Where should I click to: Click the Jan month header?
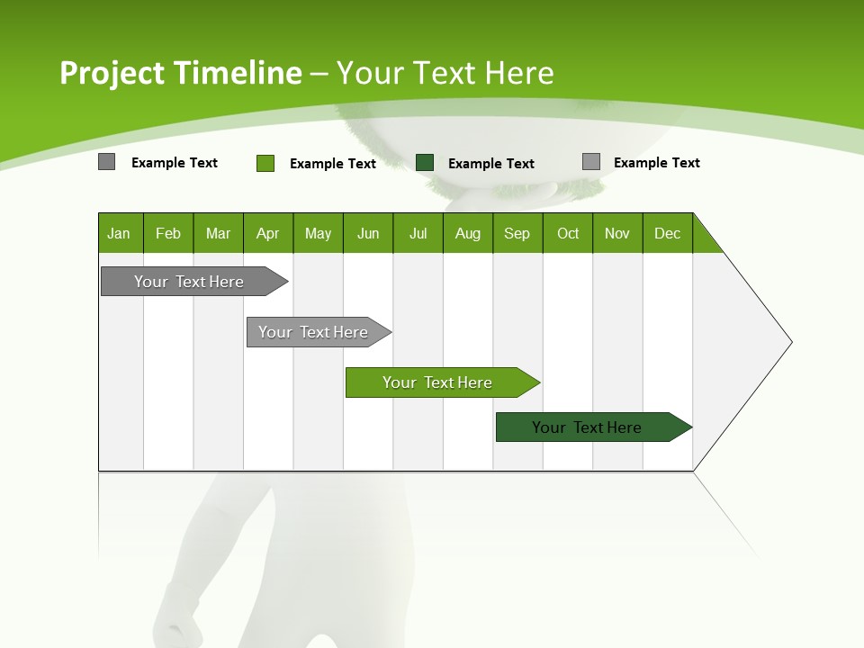120,233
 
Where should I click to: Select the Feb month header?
168,233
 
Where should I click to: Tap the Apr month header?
267,233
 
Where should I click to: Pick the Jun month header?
368,233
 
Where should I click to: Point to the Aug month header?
468,233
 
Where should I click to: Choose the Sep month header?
517,233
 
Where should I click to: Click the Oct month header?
568,233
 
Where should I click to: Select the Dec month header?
668,233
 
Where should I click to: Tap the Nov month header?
617,233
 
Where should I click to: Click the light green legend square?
265,163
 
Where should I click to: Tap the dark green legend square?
425,162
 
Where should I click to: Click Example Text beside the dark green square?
491,164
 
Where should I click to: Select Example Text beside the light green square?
333,164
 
